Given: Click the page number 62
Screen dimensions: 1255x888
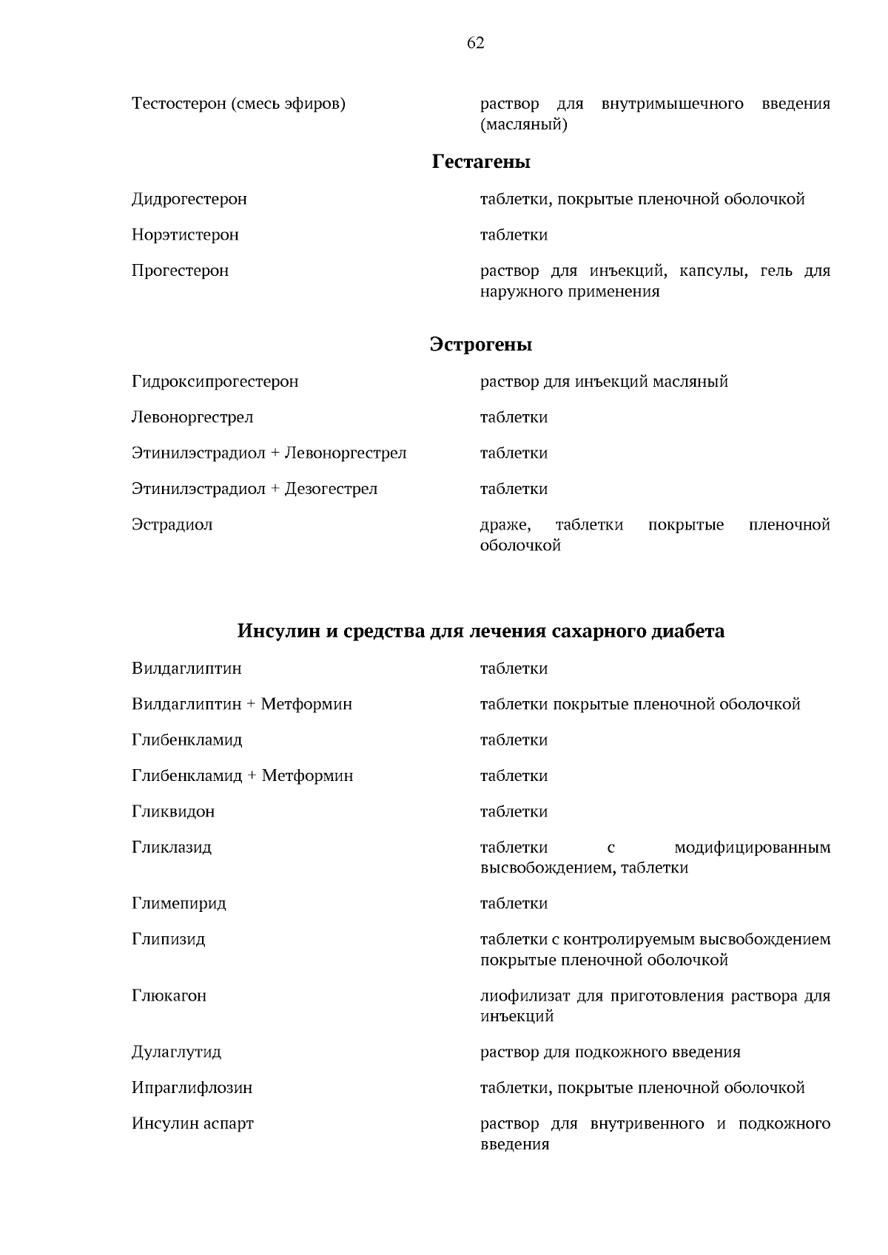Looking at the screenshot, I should (x=476, y=44).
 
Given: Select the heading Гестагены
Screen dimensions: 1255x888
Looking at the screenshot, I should (x=481, y=161).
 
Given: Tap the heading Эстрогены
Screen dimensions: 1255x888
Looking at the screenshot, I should (x=481, y=345).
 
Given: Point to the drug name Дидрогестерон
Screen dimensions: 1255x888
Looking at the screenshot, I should (x=189, y=199).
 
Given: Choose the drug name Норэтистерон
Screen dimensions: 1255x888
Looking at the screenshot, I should (x=185, y=235).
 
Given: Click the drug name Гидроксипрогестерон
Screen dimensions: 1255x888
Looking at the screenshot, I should (x=215, y=382).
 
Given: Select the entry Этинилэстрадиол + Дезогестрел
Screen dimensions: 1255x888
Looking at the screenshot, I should (x=255, y=489).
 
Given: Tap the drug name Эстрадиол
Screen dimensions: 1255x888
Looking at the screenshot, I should (x=172, y=525).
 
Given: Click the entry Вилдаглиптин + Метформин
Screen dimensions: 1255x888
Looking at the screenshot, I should (x=242, y=704).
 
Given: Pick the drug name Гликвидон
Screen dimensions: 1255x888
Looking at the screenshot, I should (x=173, y=812).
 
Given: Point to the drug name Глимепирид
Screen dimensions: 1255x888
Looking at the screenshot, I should (x=179, y=904).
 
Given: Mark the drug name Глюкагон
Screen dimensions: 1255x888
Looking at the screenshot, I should (x=169, y=995).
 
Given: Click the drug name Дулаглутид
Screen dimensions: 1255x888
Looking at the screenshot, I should (x=176, y=1052).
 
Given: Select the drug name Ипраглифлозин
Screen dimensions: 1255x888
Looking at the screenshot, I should (x=192, y=1088).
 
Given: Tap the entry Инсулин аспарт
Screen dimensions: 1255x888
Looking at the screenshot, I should (x=192, y=1123).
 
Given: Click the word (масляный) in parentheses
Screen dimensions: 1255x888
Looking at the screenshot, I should (x=524, y=124).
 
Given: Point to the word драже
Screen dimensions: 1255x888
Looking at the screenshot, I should (x=505, y=525).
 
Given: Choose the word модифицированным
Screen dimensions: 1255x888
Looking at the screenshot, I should (x=752, y=848).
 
